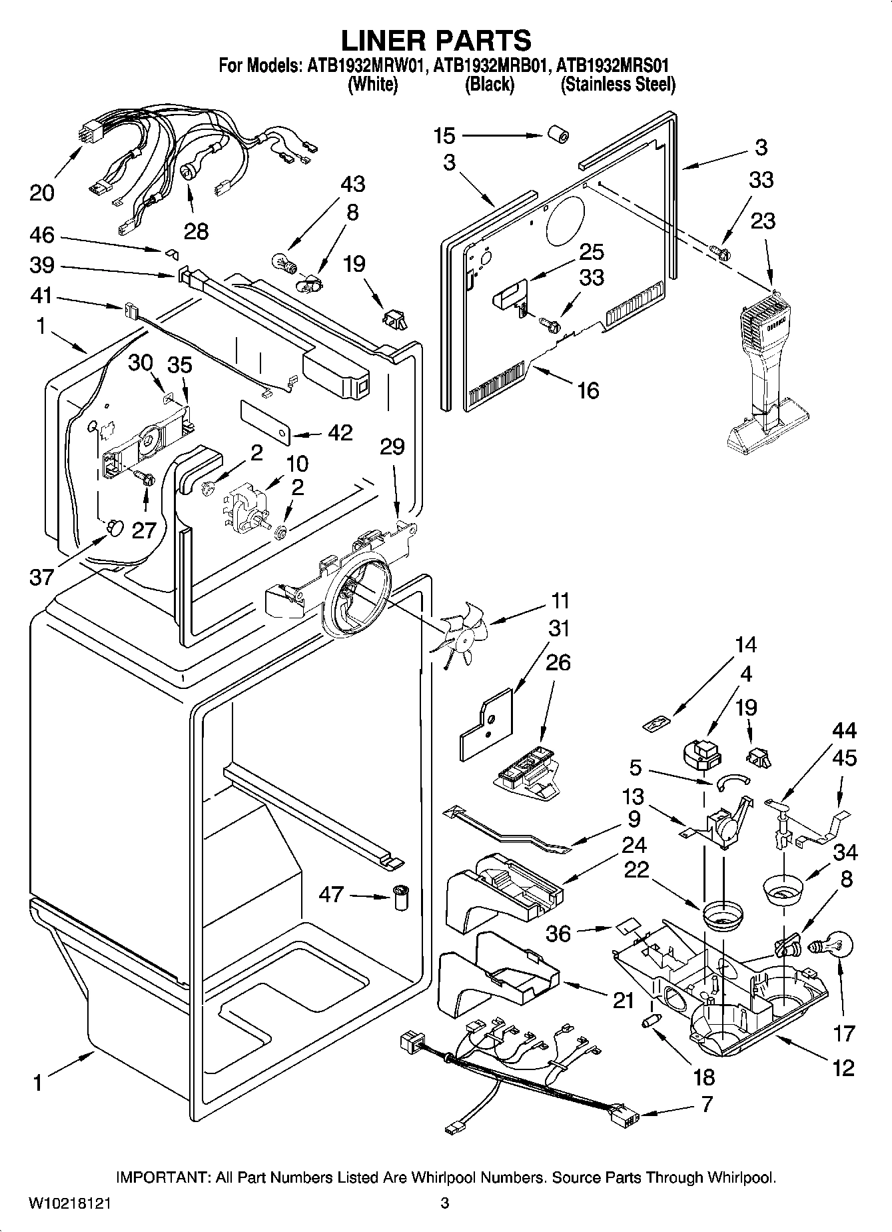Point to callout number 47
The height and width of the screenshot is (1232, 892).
click(x=331, y=894)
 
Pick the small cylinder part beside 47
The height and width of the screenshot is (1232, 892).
click(x=400, y=898)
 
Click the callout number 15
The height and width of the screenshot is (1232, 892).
click(x=444, y=136)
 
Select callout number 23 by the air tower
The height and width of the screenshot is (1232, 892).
click(x=762, y=221)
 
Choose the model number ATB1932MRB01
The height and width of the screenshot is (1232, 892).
click(x=492, y=66)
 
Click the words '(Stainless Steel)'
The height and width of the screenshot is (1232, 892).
click(x=618, y=85)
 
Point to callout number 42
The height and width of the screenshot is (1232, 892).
click(x=340, y=432)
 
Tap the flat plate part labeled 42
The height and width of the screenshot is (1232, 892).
click(x=265, y=422)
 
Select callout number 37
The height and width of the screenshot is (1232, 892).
click(x=41, y=576)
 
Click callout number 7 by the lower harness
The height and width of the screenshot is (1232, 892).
click(x=706, y=1103)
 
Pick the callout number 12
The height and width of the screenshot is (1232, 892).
click(x=843, y=1067)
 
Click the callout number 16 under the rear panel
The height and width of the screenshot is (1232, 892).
click(x=588, y=390)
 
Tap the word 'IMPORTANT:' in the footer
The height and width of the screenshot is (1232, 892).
click(x=163, y=1177)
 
